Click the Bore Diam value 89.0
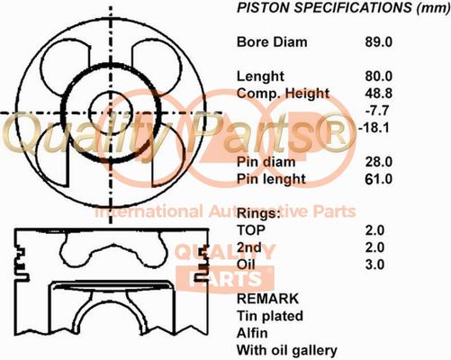(378, 42)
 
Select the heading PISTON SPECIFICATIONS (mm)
(344, 8)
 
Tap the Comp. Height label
(283, 94)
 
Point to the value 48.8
(378, 94)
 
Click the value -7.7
(377, 111)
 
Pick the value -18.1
(374, 128)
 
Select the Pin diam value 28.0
(378, 162)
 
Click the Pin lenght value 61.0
(378, 179)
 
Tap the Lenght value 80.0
(378, 76)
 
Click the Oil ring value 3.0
(374, 265)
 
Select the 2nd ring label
(249, 247)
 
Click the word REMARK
(267, 299)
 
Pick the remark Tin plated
(270, 317)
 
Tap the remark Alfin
(252, 333)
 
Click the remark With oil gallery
(287, 351)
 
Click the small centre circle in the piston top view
(111, 92)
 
